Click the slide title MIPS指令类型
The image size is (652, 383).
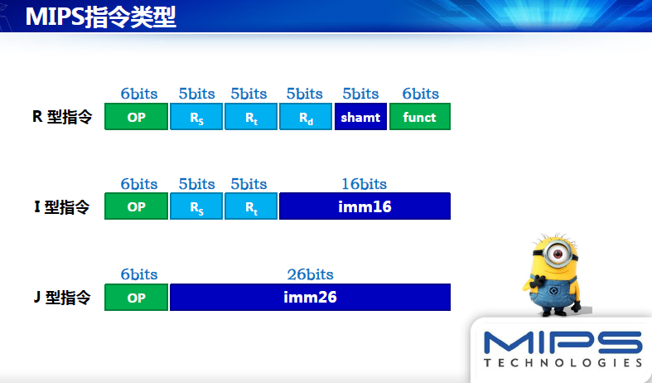[100, 17]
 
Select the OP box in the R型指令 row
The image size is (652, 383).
[137, 117]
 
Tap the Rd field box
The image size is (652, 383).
[306, 117]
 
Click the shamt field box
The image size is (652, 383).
[360, 117]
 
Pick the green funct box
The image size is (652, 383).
[419, 117]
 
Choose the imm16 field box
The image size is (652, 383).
[365, 206]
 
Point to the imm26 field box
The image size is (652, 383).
[310, 298]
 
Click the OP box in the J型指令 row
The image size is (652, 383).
[137, 298]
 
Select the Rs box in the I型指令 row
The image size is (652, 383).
[196, 206]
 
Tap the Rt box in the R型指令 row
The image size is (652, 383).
[251, 117]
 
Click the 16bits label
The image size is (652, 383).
[365, 184]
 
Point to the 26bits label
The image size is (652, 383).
[310, 274]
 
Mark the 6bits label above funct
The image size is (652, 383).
[420, 94]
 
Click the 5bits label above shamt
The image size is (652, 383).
[360, 94]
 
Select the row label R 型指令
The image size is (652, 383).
[62, 117]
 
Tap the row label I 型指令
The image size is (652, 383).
[61, 206]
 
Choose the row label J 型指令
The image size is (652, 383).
[62, 298]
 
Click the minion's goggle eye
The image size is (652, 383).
[558, 253]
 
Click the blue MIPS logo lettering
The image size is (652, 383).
[563, 342]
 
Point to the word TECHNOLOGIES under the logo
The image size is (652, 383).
[563, 363]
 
